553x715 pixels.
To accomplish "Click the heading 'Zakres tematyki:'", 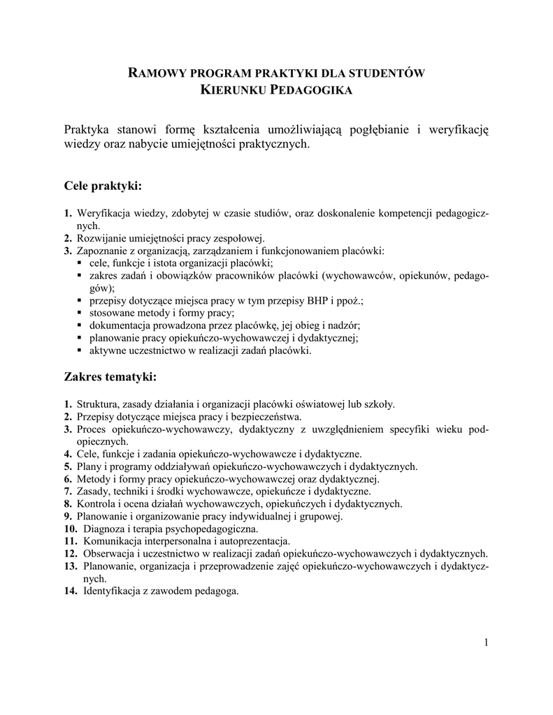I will tap(110, 377).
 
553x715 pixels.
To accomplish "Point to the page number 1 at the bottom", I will tap(485, 643).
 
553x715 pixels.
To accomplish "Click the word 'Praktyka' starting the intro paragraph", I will tap(87, 130).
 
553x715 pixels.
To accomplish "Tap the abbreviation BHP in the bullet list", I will tap(310, 300).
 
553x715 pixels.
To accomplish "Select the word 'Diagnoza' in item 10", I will tap(105, 529).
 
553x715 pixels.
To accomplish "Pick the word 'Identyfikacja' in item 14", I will tap(112, 591).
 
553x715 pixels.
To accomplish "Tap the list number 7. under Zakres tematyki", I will tap(67, 491).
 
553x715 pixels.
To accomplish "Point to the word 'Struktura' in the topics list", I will tap(97, 403).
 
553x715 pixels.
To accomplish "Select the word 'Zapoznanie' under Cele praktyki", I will tap(102, 251).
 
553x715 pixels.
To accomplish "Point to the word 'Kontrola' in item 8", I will tap(96, 503).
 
